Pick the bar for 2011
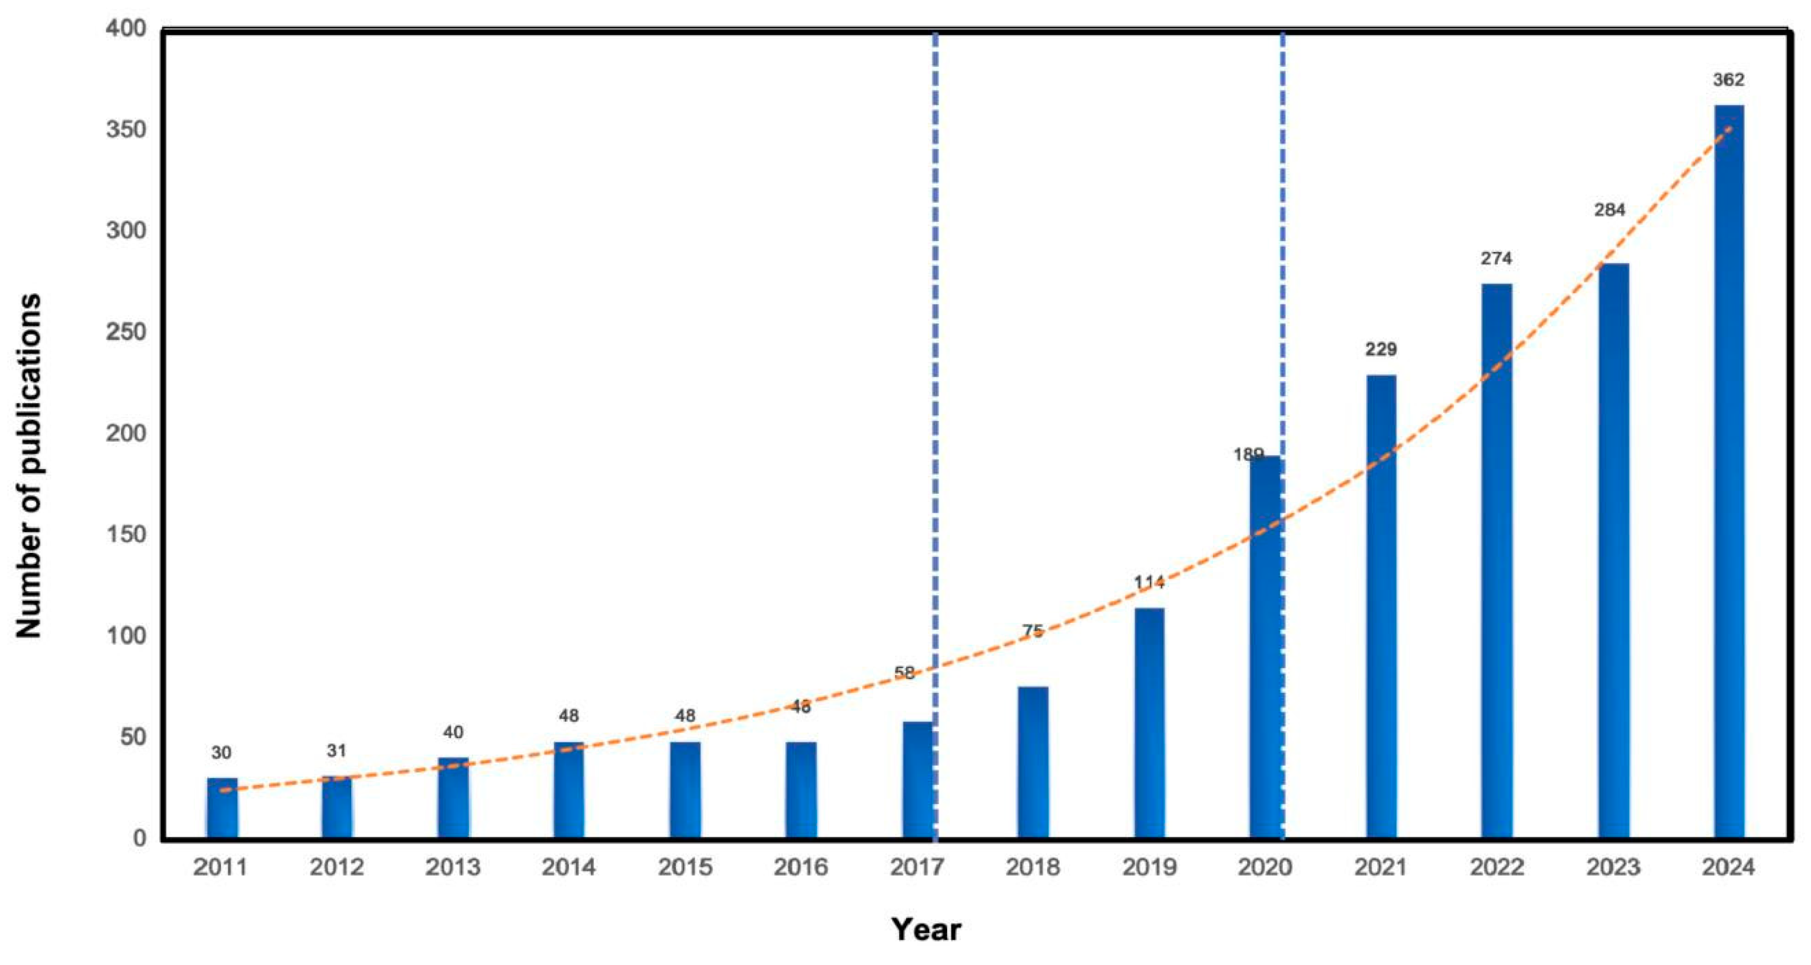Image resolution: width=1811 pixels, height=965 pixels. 222,808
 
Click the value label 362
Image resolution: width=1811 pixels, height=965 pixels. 1728,80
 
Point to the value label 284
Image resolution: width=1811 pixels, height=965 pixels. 1609,210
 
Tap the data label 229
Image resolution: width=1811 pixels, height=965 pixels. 1381,350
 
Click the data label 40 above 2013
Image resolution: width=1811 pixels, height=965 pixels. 453,732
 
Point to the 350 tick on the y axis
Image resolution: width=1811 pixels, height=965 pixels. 126,130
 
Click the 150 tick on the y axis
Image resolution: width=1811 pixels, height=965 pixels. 126,534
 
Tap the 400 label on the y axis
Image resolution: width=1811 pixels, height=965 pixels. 126,29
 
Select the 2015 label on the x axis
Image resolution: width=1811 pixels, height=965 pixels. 685,867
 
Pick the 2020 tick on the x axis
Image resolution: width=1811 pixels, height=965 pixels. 1265,867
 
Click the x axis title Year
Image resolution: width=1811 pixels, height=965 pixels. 926,930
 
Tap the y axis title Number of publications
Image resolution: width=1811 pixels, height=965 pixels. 29,466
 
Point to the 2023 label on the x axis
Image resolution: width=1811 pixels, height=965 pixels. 1612,867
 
